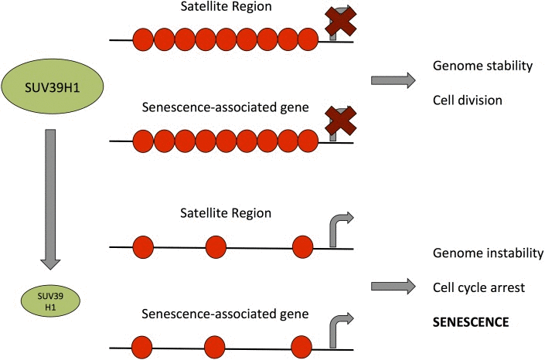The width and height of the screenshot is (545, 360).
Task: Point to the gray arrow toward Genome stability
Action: [x=392, y=79]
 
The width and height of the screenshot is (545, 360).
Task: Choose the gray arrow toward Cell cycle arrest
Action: [x=392, y=287]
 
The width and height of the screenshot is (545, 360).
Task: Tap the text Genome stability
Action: [x=483, y=66]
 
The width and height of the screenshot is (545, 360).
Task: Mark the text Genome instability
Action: [x=489, y=253]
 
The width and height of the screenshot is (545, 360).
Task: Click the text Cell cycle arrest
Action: [x=479, y=287]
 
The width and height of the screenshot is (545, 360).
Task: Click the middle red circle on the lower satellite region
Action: [x=216, y=247]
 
